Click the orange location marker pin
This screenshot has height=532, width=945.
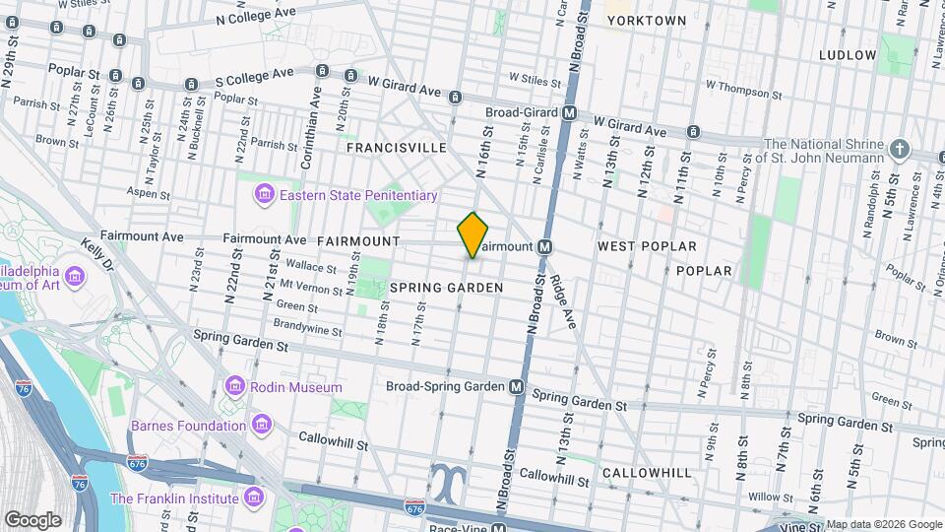473,235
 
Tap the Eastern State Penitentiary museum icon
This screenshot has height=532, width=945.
264,195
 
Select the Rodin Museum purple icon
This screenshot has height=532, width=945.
234,386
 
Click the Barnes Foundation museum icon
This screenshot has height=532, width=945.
262,426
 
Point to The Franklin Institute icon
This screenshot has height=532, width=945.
254,497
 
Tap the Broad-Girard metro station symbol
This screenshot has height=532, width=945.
569,113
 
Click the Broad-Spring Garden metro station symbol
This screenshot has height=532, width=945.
517,387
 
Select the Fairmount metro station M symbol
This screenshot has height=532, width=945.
543,246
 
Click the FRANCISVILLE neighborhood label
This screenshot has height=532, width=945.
396,148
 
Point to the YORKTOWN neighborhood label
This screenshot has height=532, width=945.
646,20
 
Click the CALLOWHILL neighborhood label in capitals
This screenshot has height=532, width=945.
647,473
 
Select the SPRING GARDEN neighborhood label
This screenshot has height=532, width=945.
446,288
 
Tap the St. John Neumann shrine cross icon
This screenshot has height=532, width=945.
898,150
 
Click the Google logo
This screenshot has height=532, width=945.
32,519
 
